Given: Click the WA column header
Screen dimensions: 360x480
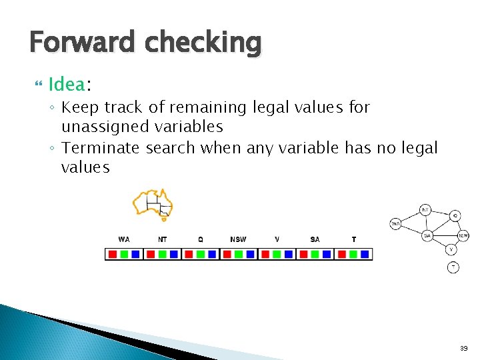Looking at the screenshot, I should pos(124,239).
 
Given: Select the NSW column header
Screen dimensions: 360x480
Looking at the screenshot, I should pos(238,239).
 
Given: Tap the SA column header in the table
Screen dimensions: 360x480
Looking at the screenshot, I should pos(315,239).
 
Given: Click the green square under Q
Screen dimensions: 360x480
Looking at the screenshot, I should pos(201,254).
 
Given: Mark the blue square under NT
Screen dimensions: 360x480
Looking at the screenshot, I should pos(173,254).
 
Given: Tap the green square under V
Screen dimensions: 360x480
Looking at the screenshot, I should pos(277,254).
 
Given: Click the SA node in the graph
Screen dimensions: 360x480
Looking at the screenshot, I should pos(427,235).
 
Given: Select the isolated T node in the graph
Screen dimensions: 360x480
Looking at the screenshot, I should pos(453,267).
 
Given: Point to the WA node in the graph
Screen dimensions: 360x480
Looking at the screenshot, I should pos(395,223).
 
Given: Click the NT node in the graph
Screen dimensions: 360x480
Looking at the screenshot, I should pos(425,210).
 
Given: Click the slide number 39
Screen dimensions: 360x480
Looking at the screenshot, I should pos(463,348).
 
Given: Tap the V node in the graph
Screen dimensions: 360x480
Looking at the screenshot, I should pos(451,249).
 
